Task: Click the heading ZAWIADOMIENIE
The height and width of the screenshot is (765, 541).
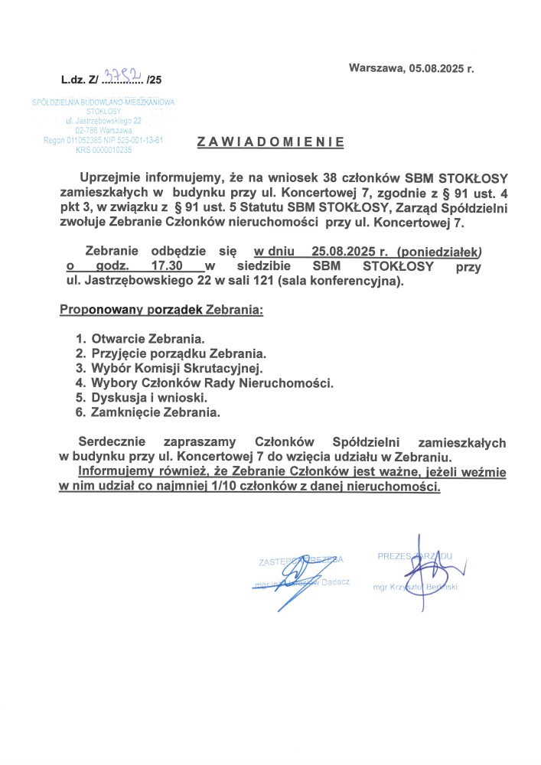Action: coord(270,142)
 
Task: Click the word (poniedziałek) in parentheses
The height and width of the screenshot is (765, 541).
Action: coord(445,251)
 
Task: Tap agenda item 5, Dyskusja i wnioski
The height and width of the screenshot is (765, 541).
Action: coord(150,398)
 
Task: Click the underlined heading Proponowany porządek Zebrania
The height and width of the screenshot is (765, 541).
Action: coord(161,311)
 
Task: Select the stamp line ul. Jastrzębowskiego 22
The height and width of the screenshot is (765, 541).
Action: coord(104,121)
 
